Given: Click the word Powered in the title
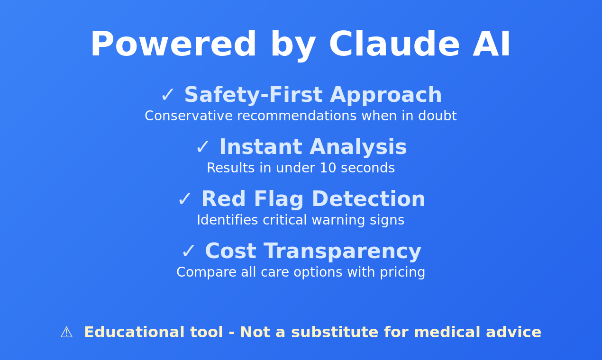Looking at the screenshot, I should tap(173, 45).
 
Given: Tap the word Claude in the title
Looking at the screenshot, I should tap(394, 45).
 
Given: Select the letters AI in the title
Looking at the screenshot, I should tap(492, 45).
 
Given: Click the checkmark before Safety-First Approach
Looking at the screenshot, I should tap(168, 96).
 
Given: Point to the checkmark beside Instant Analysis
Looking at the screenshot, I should tap(203, 148).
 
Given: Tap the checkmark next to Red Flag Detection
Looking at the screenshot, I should tap(185, 200).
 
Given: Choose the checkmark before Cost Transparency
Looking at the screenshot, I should tap(189, 252).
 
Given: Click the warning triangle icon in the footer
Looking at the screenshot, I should tap(66, 333).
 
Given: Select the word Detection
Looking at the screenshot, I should tap(368, 200).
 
